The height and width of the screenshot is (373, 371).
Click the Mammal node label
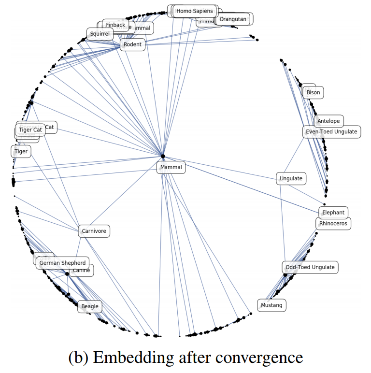pos(171,168)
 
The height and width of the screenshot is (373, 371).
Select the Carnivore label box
pos(94,231)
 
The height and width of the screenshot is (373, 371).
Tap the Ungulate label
pos(291,179)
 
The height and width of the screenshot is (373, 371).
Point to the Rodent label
pos(132,45)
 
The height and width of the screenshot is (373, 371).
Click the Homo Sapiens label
pos(194,11)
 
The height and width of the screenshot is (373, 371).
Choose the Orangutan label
pos(232,20)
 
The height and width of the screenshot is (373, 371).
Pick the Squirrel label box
pos(100,34)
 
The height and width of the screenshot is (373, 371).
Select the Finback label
pos(115,25)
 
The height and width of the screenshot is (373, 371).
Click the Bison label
pos(313,92)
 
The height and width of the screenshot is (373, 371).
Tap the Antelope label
pos(328,121)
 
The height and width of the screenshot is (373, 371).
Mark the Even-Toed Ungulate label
pos(332,132)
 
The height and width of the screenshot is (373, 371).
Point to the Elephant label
pos(333,213)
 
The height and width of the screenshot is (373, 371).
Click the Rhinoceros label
pos(333,224)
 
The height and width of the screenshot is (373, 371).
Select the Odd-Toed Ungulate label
pos(310,267)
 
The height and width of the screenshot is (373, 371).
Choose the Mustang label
pos(271,305)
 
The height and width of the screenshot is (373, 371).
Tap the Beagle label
pos(90,306)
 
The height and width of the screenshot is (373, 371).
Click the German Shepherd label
pos(62,263)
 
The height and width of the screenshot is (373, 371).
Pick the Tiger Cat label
pos(30,130)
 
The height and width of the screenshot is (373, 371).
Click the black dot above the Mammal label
pos(163,156)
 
